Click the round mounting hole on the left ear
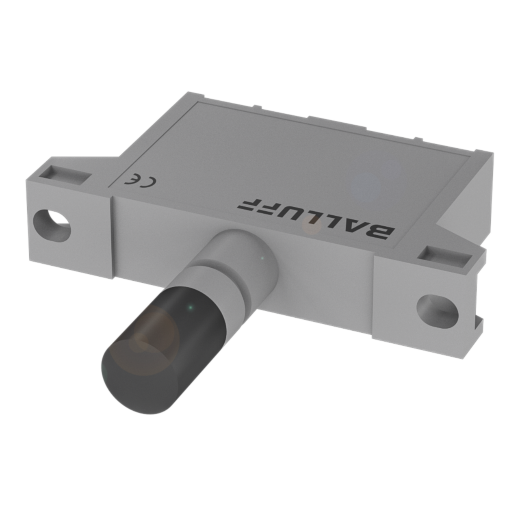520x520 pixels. pos(52,225)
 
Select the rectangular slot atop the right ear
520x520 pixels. pos(445,256)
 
